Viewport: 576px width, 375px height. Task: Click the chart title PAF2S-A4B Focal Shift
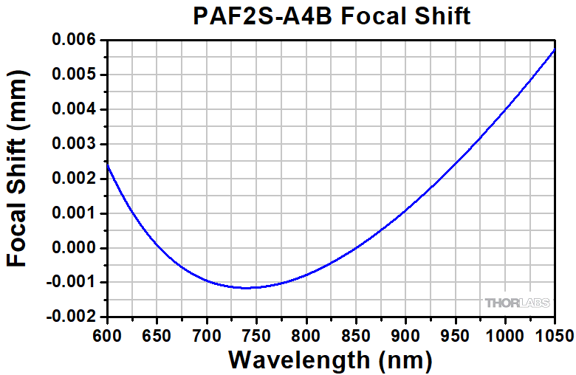(332, 16)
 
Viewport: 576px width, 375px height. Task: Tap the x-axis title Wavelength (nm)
(329, 359)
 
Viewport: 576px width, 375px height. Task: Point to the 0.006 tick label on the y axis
(74, 41)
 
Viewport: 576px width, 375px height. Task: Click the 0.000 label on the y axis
(74, 248)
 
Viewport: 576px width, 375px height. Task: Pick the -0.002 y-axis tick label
(71, 317)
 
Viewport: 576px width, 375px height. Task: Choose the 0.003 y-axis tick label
(74, 144)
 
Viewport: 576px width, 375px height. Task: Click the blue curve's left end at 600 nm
(108, 165)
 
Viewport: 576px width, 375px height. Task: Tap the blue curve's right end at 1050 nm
(555, 49)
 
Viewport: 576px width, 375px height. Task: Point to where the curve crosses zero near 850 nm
(355, 248)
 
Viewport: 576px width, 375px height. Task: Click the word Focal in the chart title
(374, 16)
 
